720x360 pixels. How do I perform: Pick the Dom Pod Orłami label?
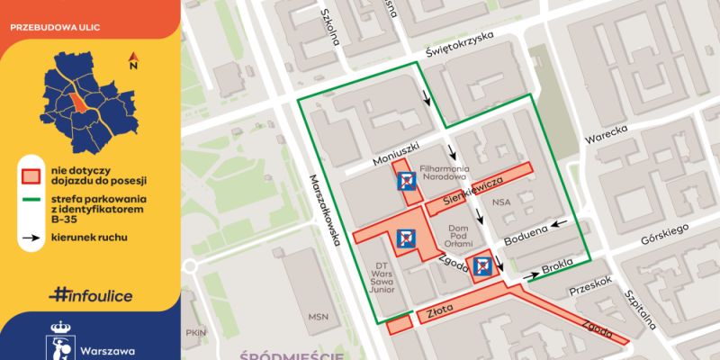point(462,232)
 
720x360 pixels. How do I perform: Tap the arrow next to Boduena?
point(560,224)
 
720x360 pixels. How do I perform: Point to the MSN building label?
point(318,317)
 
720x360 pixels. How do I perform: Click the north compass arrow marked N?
point(133,61)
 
